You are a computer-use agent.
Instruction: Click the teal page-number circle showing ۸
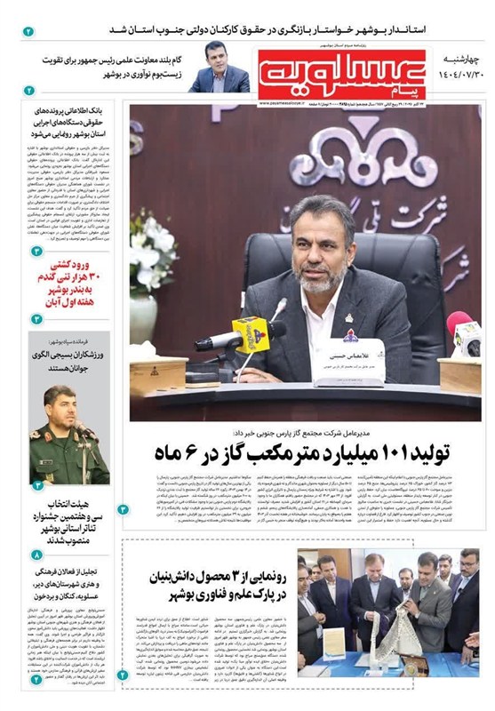pyautogui.click(x=36, y=555)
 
